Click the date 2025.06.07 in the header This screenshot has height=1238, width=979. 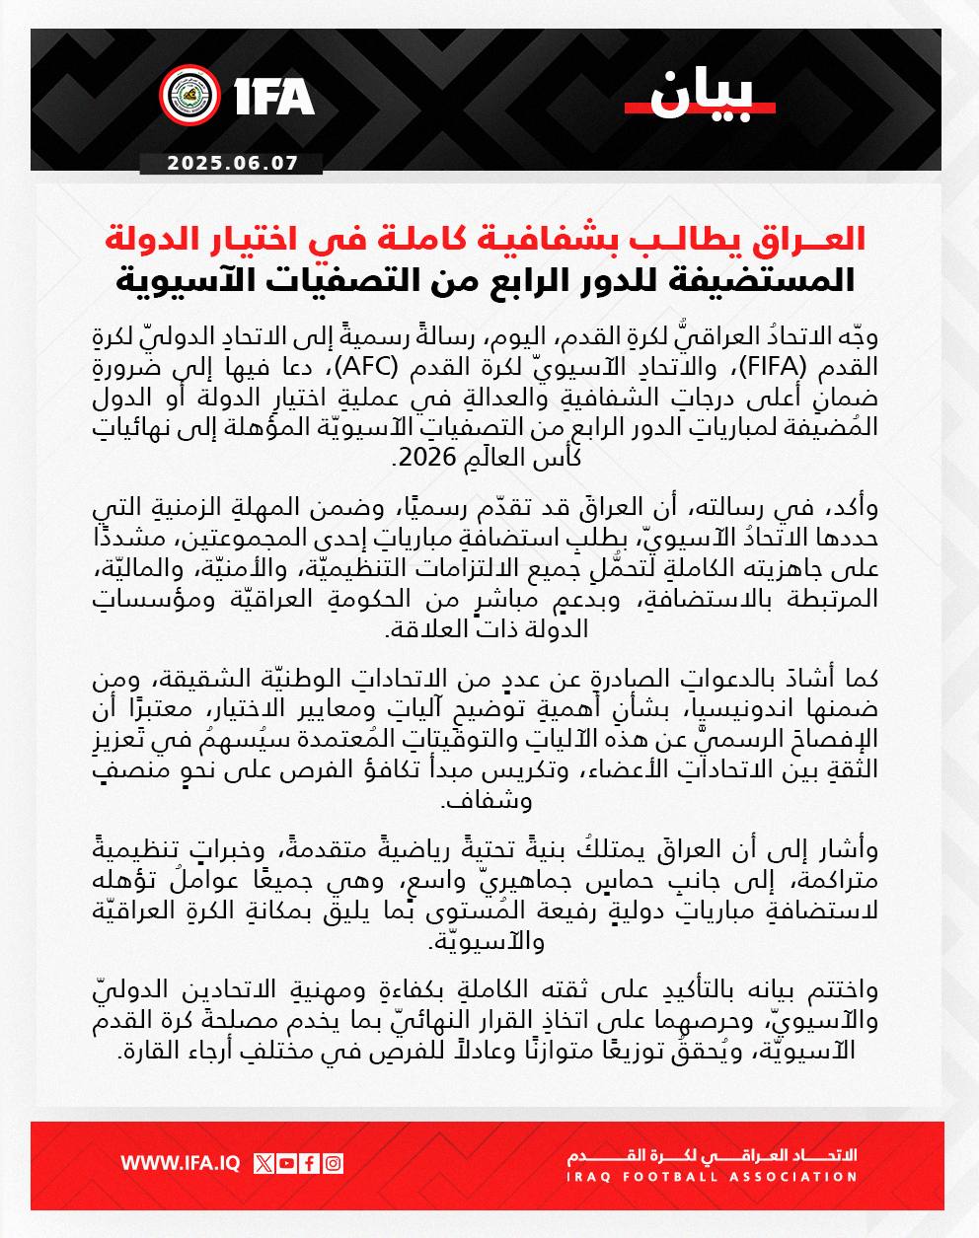(x=233, y=164)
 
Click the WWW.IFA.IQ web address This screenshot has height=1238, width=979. (x=181, y=1163)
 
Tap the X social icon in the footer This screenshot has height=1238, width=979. (x=264, y=1163)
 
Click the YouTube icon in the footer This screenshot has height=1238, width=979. (x=286, y=1163)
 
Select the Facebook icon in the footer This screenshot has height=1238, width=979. (x=310, y=1163)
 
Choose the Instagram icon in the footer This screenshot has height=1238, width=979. (x=334, y=1163)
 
